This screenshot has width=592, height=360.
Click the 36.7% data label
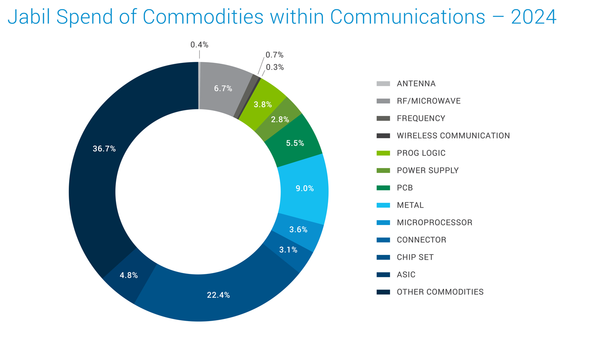[x=104, y=149]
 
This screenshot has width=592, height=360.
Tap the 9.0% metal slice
[x=304, y=189]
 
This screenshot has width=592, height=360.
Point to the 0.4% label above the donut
[x=199, y=45]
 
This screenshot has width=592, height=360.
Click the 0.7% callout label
[x=274, y=55]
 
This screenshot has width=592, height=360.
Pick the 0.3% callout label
[x=275, y=67]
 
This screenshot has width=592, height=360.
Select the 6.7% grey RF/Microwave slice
[x=223, y=89]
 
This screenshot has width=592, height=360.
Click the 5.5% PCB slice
[x=295, y=143]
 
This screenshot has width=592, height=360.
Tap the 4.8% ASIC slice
[x=128, y=275]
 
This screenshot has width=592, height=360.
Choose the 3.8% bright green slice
[x=262, y=105]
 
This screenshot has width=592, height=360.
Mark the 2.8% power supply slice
[x=280, y=120]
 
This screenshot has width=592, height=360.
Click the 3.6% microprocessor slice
[x=298, y=230]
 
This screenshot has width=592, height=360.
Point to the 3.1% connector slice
[x=288, y=250]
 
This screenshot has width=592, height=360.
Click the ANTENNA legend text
[x=416, y=84]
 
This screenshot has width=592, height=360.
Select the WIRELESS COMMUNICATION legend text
[x=453, y=136]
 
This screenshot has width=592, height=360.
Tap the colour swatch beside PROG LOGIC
[x=383, y=153]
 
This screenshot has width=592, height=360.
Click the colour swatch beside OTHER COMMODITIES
[x=383, y=292]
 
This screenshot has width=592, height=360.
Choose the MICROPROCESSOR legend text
[x=434, y=223]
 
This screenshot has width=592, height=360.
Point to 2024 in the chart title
[x=534, y=17]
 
